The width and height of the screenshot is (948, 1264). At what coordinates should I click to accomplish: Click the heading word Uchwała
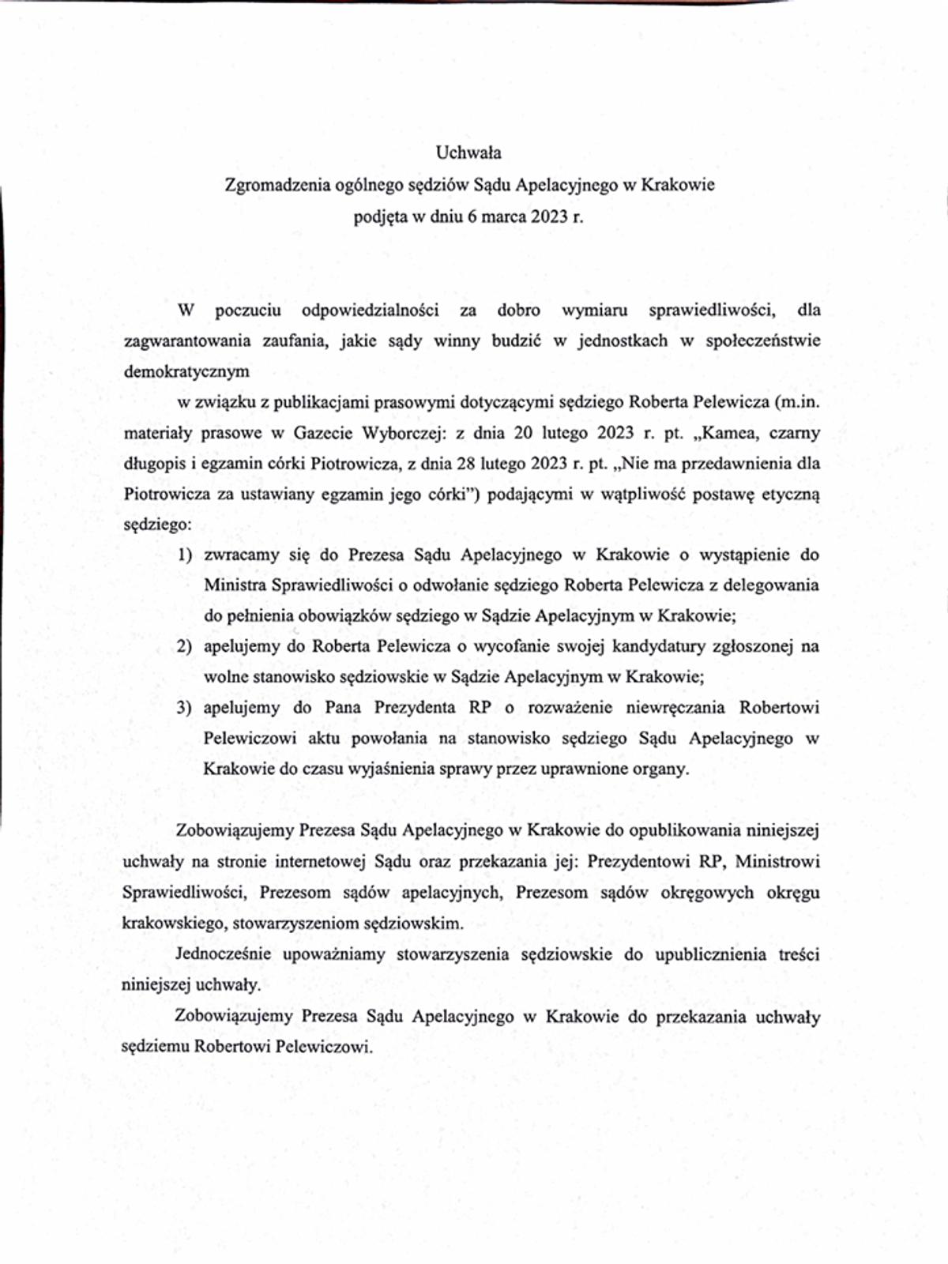click(x=468, y=152)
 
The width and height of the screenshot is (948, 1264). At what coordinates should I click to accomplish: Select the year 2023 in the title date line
click(x=548, y=216)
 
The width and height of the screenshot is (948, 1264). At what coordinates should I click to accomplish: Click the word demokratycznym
click(x=186, y=371)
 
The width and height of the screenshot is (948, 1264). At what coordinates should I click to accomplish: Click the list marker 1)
click(x=185, y=555)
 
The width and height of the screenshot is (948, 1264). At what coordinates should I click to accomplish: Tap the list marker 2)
click(x=184, y=646)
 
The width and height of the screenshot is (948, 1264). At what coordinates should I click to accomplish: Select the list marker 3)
click(x=184, y=707)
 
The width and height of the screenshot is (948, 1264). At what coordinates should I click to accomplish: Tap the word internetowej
click(x=318, y=861)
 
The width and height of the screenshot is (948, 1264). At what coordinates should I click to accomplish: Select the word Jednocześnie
click(x=223, y=954)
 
